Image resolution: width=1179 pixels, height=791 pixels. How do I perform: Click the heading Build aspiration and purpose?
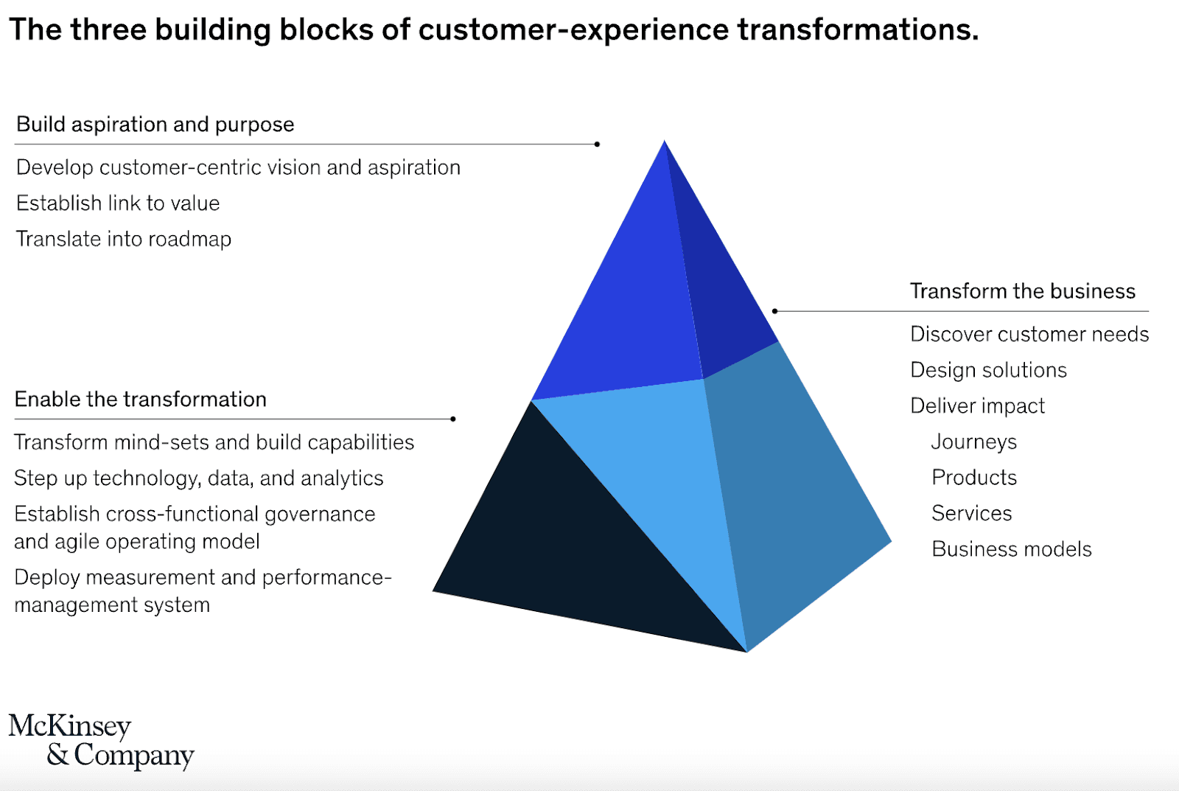[x=155, y=125]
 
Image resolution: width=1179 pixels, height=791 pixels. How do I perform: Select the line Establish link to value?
[x=118, y=203]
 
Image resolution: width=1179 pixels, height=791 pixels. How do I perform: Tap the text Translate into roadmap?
[x=124, y=240]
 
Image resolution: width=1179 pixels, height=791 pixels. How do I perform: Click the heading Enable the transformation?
[x=140, y=400]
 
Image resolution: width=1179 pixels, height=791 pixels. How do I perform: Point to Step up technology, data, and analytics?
[x=198, y=478]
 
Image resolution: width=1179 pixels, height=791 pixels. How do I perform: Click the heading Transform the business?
[x=1022, y=291]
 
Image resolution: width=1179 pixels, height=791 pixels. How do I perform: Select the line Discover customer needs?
[x=1029, y=335]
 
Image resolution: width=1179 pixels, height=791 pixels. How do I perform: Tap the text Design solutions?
[x=988, y=370]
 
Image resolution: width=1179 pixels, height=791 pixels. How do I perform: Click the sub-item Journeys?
[x=973, y=442]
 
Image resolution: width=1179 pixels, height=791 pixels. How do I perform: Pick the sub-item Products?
[x=973, y=478]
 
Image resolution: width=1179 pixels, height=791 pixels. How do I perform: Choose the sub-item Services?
[x=971, y=513]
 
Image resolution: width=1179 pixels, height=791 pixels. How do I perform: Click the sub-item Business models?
[x=1011, y=549]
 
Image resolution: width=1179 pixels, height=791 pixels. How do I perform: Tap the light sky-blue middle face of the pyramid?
[x=663, y=472]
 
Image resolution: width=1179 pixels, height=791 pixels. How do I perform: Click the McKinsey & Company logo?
[x=101, y=740]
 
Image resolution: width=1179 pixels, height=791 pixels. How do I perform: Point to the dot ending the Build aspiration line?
[x=597, y=144]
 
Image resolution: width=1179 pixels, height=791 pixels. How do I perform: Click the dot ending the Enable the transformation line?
[x=453, y=419]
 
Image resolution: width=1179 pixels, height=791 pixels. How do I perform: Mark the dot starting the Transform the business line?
[x=774, y=311]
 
